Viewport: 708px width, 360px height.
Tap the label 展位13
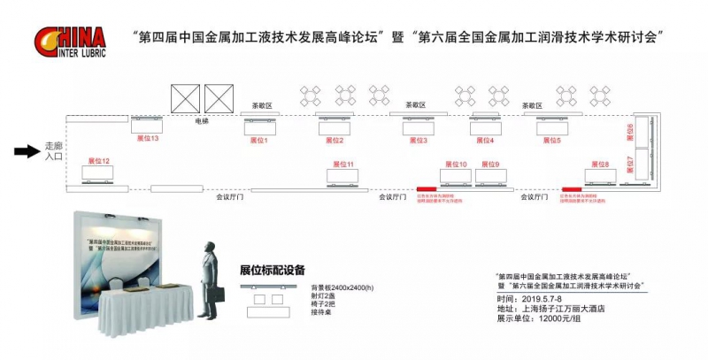[x=147, y=139]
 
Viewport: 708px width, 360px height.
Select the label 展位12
[x=98, y=162]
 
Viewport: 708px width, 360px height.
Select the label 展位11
[x=343, y=164]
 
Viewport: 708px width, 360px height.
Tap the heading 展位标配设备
[x=272, y=270]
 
